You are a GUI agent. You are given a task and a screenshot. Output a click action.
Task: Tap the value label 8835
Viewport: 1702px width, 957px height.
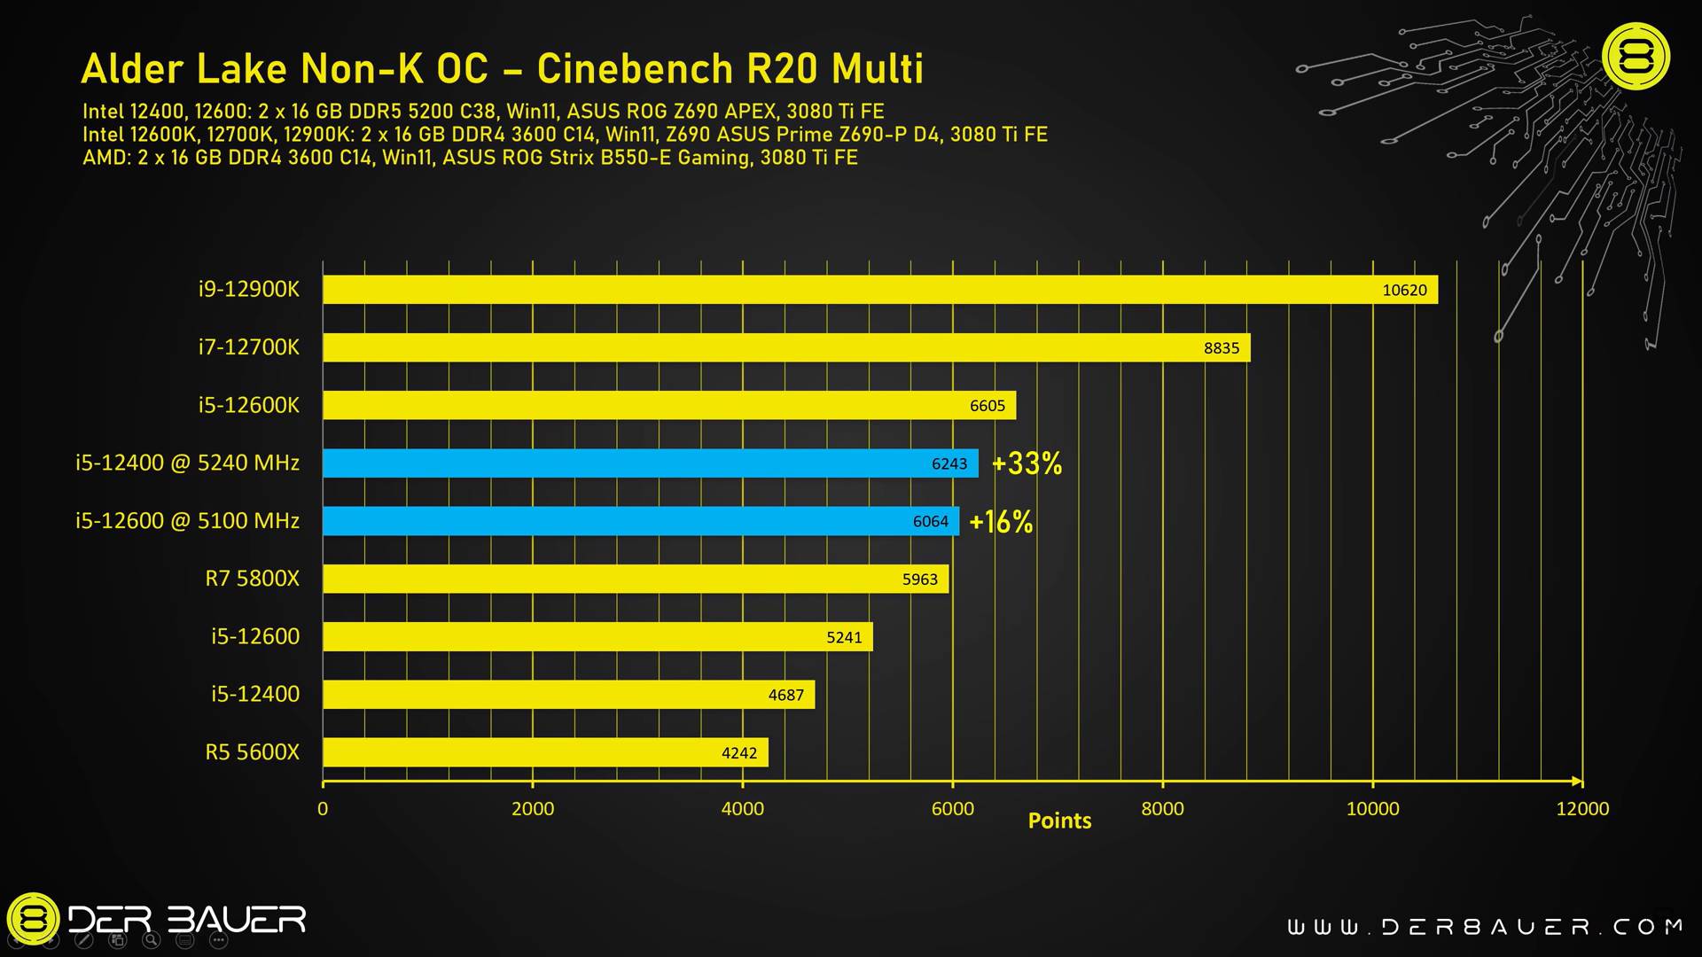coord(1221,348)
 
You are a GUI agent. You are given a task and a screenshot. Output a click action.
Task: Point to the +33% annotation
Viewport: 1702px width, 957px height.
coord(1027,463)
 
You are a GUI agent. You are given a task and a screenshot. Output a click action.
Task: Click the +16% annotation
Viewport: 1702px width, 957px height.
coord(1001,522)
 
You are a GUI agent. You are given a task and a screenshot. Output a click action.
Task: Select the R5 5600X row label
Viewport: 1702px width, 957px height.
coord(253,752)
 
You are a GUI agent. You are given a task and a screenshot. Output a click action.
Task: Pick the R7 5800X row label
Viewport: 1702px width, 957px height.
coord(253,579)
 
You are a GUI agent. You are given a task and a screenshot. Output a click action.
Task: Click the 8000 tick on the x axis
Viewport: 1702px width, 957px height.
coord(1162,808)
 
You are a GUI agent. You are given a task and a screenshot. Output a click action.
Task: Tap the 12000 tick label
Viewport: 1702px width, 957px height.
coord(1582,808)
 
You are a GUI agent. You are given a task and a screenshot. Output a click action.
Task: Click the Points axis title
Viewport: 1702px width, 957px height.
coord(1059,821)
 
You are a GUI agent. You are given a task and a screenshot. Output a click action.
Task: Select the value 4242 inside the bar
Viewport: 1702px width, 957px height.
coord(738,753)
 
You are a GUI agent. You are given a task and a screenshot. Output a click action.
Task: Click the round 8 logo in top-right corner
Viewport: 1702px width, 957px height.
coord(1636,56)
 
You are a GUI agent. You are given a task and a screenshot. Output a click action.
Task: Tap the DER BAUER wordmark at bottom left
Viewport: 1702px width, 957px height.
coord(187,920)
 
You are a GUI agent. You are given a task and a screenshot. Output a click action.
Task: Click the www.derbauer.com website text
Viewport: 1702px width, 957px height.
coord(1485,927)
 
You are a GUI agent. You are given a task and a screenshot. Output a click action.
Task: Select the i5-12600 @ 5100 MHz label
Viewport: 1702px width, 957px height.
coord(187,521)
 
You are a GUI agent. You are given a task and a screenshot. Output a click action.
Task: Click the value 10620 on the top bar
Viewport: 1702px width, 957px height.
coord(1404,291)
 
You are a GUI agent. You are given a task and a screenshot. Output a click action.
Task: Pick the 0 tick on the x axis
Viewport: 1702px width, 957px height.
coord(323,808)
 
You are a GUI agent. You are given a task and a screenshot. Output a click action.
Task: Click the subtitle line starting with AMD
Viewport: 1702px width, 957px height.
coord(470,158)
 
